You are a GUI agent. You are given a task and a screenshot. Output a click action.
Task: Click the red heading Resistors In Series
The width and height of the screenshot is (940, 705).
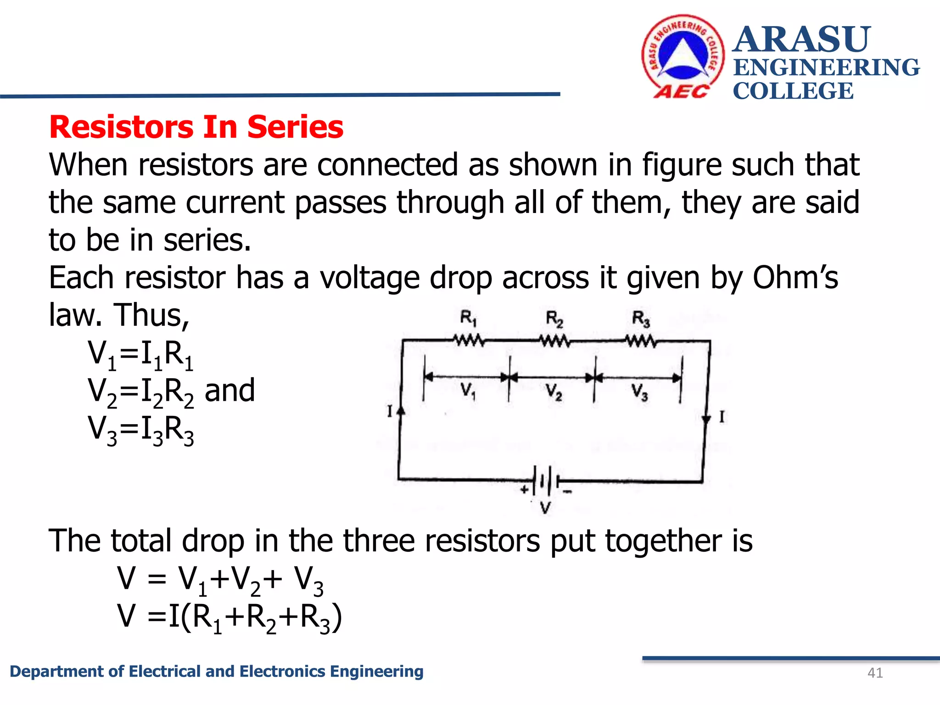[x=196, y=127]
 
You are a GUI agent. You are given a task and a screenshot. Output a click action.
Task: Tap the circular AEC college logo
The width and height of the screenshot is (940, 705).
[x=683, y=56]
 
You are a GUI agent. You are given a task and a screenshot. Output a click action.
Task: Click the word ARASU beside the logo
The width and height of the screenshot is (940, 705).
[x=801, y=39]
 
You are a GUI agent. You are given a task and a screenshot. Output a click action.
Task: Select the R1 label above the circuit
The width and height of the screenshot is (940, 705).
[x=468, y=318]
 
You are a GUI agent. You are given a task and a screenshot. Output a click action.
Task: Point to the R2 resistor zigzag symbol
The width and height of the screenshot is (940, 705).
[x=554, y=341]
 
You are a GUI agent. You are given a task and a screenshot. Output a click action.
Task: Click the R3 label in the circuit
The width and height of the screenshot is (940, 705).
[x=641, y=319]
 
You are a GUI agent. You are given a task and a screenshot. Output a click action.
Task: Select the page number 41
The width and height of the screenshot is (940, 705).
[x=875, y=673]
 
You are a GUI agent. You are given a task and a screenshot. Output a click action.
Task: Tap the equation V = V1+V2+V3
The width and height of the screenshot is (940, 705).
[x=220, y=579]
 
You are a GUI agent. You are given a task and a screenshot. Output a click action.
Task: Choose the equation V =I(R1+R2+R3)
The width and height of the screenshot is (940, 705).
[x=229, y=617]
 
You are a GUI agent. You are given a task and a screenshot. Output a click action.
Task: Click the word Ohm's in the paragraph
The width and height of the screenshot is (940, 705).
[x=795, y=278]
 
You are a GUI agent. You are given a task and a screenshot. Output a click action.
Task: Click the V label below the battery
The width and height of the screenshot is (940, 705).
[x=545, y=508]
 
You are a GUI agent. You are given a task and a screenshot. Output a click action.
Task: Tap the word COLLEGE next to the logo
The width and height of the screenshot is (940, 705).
[x=793, y=91]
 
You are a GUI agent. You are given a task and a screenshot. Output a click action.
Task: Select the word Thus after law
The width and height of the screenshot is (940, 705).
[x=151, y=315]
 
